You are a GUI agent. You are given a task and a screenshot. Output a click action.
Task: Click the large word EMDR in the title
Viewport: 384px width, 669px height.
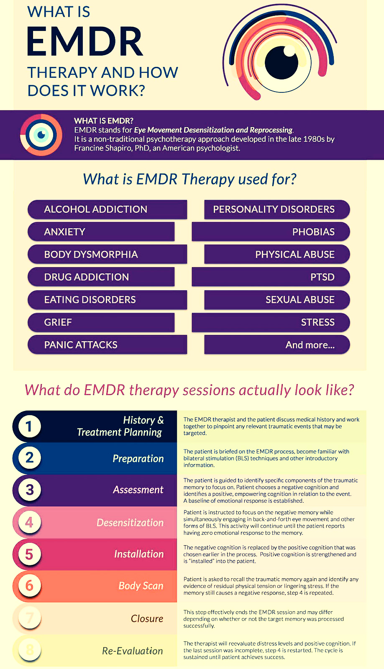pyautogui.click(x=85, y=41)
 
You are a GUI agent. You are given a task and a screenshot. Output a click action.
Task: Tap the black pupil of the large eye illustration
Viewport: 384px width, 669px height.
pyautogui.click(x=281, y=63)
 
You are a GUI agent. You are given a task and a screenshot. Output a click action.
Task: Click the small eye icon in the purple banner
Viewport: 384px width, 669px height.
pyautogui.click(x=41, y=135)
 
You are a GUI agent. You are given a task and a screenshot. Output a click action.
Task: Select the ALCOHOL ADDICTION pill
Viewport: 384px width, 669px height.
pyautogui.click(x=107, y=209)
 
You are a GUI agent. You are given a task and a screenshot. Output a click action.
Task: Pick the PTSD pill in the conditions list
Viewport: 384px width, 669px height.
pyautogui.click(x=271, y=277)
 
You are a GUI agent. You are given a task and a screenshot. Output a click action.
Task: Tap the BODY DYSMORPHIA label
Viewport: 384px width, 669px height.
pyautogui.click(x=91, y=255)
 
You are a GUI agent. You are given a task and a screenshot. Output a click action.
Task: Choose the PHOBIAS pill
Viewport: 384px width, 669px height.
pyautogui.click(x=271, y=232)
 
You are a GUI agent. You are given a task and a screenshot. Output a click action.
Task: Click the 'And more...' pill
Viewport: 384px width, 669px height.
pyautogui.click(x=277, y=345)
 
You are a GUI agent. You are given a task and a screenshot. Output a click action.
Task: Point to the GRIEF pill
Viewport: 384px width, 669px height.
pyautogui.click(x=101, y=322)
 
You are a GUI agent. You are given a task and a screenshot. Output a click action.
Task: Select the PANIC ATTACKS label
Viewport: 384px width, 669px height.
pyautogui.click(x=81, y=345)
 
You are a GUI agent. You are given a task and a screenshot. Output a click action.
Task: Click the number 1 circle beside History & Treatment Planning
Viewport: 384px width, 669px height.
pyautogui.click(x=29, y=426)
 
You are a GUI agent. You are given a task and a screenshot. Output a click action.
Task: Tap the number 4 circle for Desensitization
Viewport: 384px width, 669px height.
pyautogui.click(x=29, y=522)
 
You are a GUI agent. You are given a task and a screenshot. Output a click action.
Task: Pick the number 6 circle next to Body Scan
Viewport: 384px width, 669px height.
pyautogui.click(x=29, y=586)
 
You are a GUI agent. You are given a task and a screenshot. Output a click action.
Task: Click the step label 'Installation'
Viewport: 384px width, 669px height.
pyautogui.click(x=139, y=554)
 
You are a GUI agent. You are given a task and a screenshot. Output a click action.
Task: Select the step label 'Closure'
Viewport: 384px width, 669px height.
pyautogui.click(x=147, y=618)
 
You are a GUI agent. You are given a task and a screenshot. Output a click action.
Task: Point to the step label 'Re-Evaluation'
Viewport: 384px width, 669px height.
pyautogui.click(x=133, y=651)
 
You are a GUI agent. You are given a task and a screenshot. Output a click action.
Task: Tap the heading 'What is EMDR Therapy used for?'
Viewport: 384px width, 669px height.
pyautogui.click(x=190, y=179)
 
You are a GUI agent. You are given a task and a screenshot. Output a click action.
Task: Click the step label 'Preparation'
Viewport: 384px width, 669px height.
pyautogui.click(x=138, y=458)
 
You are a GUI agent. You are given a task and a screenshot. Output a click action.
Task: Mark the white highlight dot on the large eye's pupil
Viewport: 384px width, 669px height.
pyautogui.click(x=289, y=51)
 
